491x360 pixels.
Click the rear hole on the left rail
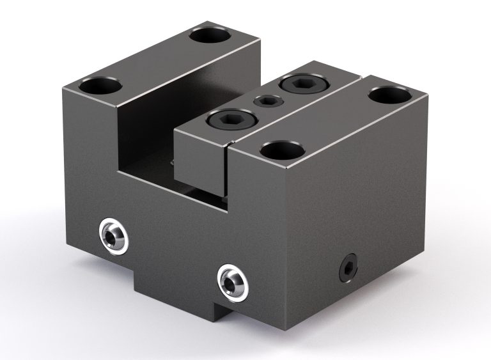tap(209, 35)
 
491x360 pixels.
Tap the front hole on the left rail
tap(101, 85)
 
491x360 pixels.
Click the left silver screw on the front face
tap(114, 237)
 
